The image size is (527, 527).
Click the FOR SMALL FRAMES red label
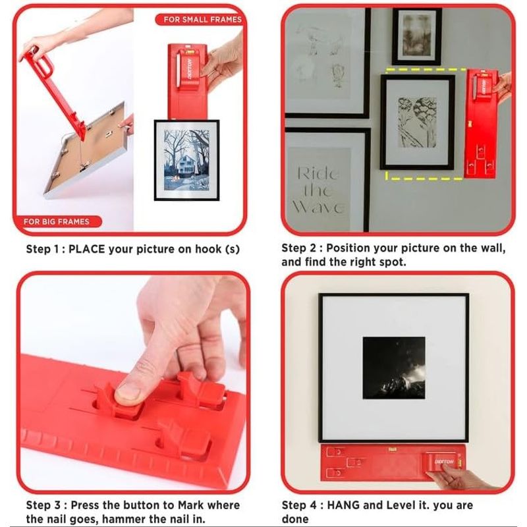(201, 20)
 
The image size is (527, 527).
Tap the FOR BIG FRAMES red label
(57, 221)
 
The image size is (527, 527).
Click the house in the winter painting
(186, 166)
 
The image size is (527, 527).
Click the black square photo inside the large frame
(394, 368)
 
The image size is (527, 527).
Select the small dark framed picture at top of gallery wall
(417, 37)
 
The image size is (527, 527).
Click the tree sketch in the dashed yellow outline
(418, 123)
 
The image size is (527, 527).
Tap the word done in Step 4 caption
(294, 519)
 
